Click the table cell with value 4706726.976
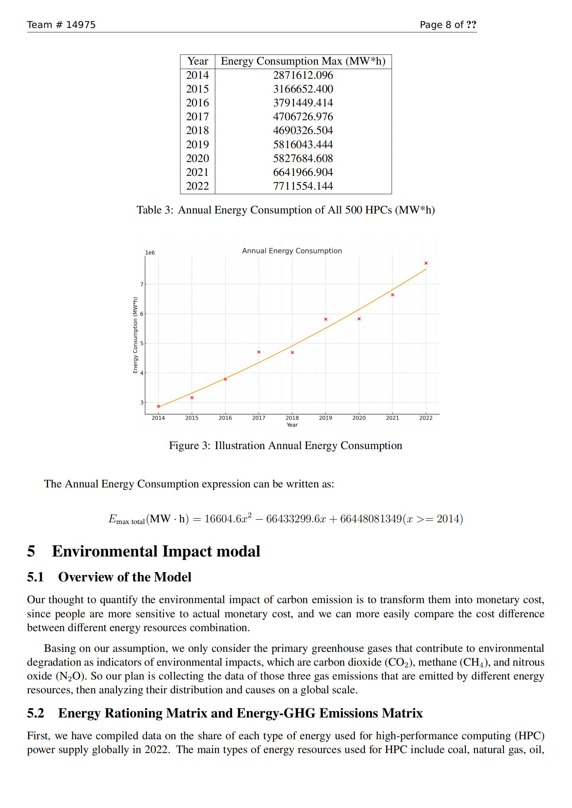(303, 116)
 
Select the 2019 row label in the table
(197, 144)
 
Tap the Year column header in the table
(197, 61)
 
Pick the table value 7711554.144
(303, 186)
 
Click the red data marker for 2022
(426, 263)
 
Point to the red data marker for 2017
(259, 352)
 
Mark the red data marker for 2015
(192, 398)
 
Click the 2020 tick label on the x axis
(359, 418)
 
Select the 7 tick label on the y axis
(142, 284)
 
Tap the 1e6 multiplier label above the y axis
(150, 253)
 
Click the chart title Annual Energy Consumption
(292, 251)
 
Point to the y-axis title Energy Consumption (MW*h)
(135, 335)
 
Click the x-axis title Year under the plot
(292, 425)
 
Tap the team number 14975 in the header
(81, 25)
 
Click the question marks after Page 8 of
(471, 25)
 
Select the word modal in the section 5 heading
(238, 551)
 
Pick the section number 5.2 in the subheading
(36, 713)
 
